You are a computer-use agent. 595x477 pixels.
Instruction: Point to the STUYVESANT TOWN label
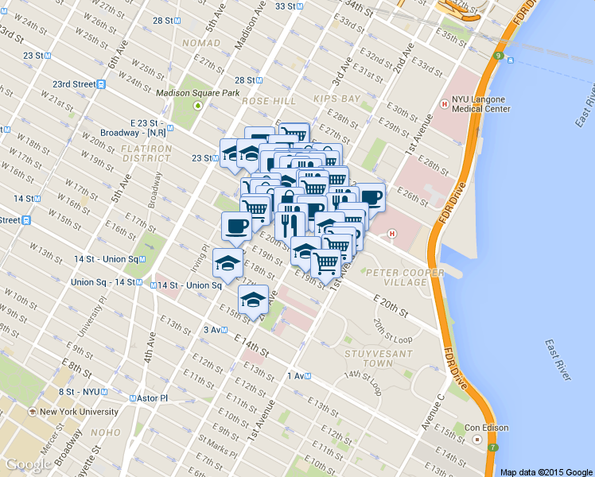click(x=368, y=357)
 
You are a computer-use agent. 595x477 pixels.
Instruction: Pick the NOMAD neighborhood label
click(x=200, y=42)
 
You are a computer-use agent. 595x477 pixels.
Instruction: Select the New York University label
click(x=79, y=412)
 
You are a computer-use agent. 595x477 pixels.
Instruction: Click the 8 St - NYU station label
click(x=83, y=392)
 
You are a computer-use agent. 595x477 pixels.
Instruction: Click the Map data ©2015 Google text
click(x=546, y=471)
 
